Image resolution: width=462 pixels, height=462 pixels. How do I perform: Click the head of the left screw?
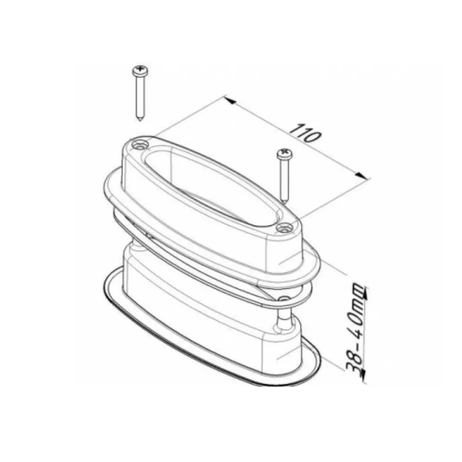click(140, 71)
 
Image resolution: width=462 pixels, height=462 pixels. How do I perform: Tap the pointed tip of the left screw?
click(140, 120)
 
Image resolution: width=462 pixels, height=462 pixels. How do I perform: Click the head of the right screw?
click(284, 153)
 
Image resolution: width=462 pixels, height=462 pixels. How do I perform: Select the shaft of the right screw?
click(284, 180)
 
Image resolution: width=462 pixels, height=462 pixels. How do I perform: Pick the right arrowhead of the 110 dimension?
click(361, 176)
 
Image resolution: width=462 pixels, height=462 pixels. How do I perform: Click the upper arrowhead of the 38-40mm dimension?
click(364, 293)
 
